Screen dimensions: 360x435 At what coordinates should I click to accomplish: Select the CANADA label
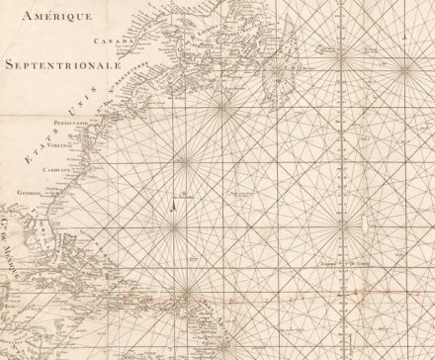click(112, 42)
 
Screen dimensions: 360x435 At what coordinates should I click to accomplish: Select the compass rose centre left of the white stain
click(343, 224)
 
